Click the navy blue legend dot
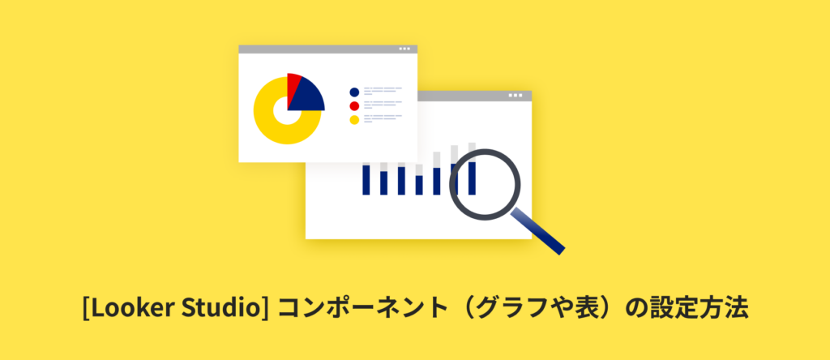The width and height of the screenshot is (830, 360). pos(354,92)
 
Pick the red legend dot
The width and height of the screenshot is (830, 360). pos(354,106)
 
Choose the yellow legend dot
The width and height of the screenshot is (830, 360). pos(354,120)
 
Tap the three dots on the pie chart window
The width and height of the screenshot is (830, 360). pos(404,49)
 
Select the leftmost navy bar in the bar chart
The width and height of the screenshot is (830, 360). pos(366,180)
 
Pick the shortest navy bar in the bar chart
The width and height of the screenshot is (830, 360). pos(419,185)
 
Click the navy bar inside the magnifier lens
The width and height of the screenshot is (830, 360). pos(473,178)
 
